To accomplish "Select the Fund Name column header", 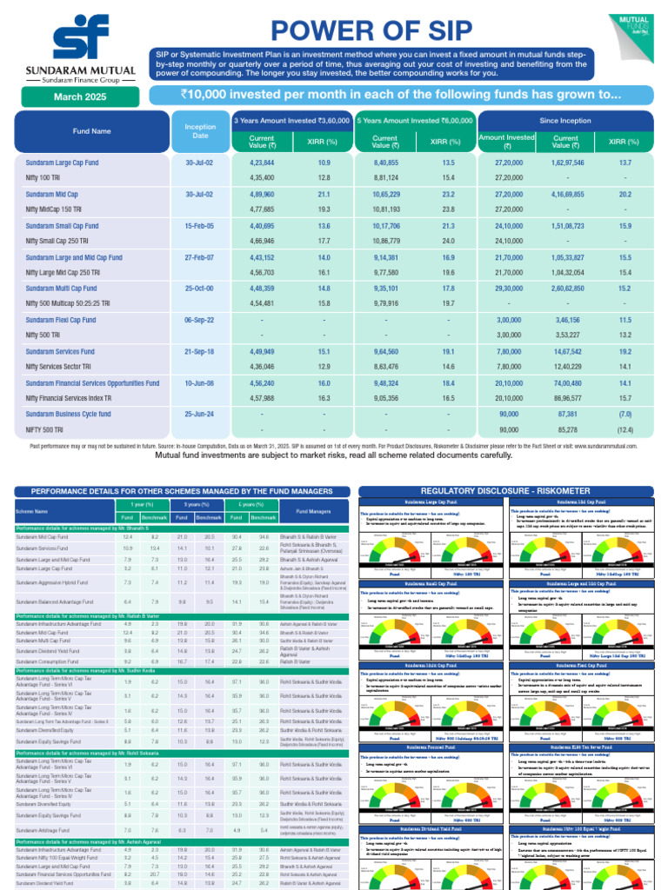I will pos(91,131).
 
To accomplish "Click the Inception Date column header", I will pos(200,131).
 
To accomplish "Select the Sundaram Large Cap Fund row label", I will pos(62,163).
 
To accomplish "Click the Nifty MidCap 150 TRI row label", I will pos(57,209).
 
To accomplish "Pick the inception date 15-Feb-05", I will pos(200,226).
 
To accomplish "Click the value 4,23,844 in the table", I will pos(262,163).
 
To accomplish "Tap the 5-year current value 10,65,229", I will pos(385,195).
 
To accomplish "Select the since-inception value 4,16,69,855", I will pos(566,195).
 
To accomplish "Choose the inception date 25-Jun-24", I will pos(200,414).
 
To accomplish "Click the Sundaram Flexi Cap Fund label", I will pos(61,320).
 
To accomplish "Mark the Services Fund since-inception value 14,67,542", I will pos(566,351).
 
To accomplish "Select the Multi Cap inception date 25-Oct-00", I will pos(200,289).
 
